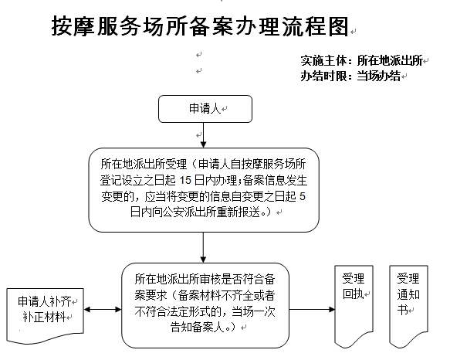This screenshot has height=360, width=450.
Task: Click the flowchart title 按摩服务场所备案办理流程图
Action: click(x=200, y=26)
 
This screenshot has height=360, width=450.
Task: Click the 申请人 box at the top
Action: click(x=205, y=109)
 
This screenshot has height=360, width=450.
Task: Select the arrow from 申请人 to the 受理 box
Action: click(x=204, y=135)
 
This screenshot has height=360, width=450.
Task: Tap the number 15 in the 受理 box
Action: click(x=185, y=180)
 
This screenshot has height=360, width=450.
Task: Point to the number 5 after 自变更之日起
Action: click(x=303, y=196)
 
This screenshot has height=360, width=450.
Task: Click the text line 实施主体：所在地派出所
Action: click(x=361, y=60)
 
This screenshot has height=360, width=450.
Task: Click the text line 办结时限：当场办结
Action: click(x=350, y=76)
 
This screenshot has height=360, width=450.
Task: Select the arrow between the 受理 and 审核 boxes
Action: click(x=204, y=247)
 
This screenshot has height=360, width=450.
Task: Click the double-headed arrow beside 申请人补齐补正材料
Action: click(x=103, y=310)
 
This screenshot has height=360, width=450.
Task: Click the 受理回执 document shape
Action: click(x=354, y=306)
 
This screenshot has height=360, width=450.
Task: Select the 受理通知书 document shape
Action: click(x=408, y=306)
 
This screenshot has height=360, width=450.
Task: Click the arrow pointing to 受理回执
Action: click(x=312, y=310)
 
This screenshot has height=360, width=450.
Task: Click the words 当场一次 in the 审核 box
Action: click(x=253, y=311)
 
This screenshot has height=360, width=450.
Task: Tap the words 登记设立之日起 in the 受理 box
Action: click(x=137, y=180)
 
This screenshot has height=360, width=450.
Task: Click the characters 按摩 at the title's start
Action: click(x=73, y=26)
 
